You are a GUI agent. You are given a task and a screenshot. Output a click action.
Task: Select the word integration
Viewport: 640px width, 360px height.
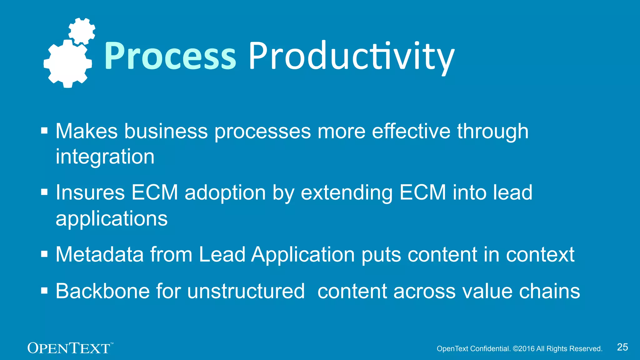pos(105,157)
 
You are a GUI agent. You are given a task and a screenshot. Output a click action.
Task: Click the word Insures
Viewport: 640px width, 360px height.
pos(90,192)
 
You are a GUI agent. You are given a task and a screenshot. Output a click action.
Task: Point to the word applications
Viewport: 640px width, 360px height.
pos(112,218)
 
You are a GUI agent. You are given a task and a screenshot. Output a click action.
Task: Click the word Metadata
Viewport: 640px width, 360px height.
pos(99,254)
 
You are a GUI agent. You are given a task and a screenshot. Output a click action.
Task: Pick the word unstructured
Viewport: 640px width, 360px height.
pos(246,291)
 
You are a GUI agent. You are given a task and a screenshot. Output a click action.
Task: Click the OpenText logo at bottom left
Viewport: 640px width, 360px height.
pos(69,348)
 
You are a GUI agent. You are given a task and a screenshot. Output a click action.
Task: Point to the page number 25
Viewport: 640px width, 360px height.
pos(622,347)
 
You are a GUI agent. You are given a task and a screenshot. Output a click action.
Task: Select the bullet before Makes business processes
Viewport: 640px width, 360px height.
pos(44,130)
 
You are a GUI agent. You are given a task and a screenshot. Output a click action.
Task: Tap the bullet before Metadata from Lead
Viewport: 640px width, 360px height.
pos(44,254)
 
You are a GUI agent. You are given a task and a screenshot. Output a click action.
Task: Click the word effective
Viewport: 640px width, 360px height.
pos(411,131)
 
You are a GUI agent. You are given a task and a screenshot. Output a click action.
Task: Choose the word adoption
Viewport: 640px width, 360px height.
pos(225,192)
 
